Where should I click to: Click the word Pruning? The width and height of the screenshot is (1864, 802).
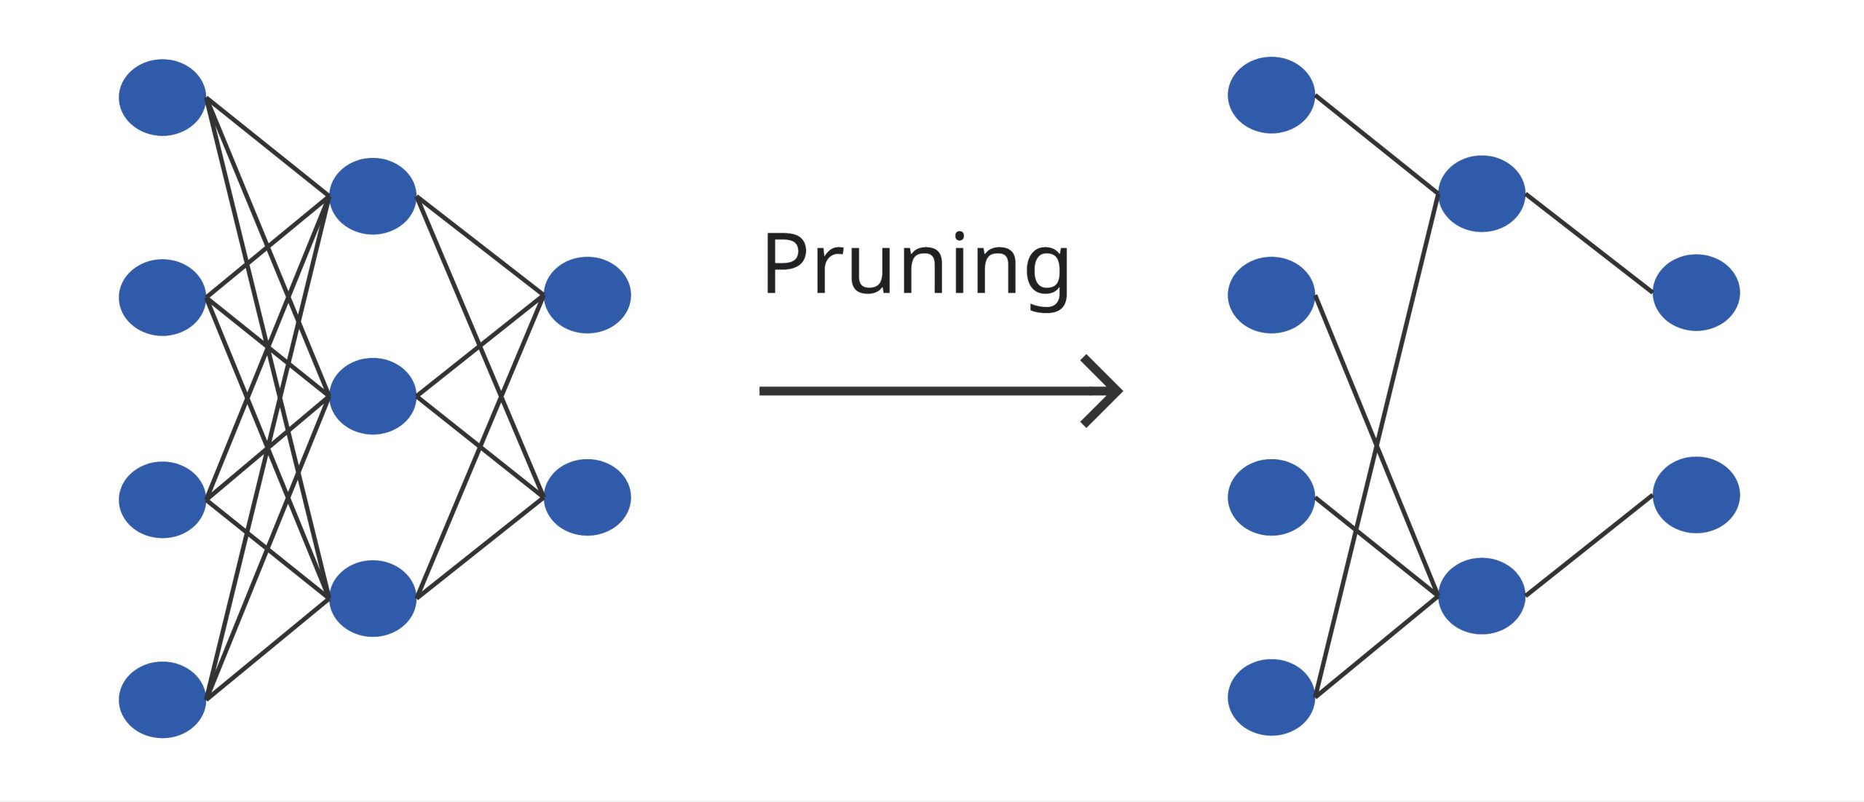point(916,265)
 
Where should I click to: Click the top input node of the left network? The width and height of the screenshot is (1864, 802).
point(162,98)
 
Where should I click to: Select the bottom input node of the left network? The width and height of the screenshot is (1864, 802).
point(162,699)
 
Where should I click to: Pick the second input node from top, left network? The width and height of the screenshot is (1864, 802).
point(162,298)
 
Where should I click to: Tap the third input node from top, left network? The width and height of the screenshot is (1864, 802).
point(162,500)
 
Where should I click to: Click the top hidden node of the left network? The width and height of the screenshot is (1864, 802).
point(373,196)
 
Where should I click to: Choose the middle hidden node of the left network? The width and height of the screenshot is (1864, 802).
point(373,397)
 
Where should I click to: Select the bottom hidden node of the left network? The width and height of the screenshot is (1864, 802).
point(373,598)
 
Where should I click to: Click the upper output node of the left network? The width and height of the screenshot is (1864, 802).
point(587,295)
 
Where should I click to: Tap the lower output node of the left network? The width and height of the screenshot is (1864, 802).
point(587,498)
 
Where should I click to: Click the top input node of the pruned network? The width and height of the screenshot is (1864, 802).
point(1271,95)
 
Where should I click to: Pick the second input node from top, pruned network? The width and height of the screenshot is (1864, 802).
point(1271,295)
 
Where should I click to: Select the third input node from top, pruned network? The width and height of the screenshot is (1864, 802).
point(1271,498)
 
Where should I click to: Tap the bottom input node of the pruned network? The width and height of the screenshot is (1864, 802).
point(1271,697)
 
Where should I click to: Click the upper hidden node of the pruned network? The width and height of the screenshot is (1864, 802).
point(1482,194)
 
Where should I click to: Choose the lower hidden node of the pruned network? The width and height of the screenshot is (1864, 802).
point(1482,596)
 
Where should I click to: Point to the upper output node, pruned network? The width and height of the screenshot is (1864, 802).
point(1697,293)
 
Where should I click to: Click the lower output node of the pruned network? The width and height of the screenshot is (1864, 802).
point(1697,495)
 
